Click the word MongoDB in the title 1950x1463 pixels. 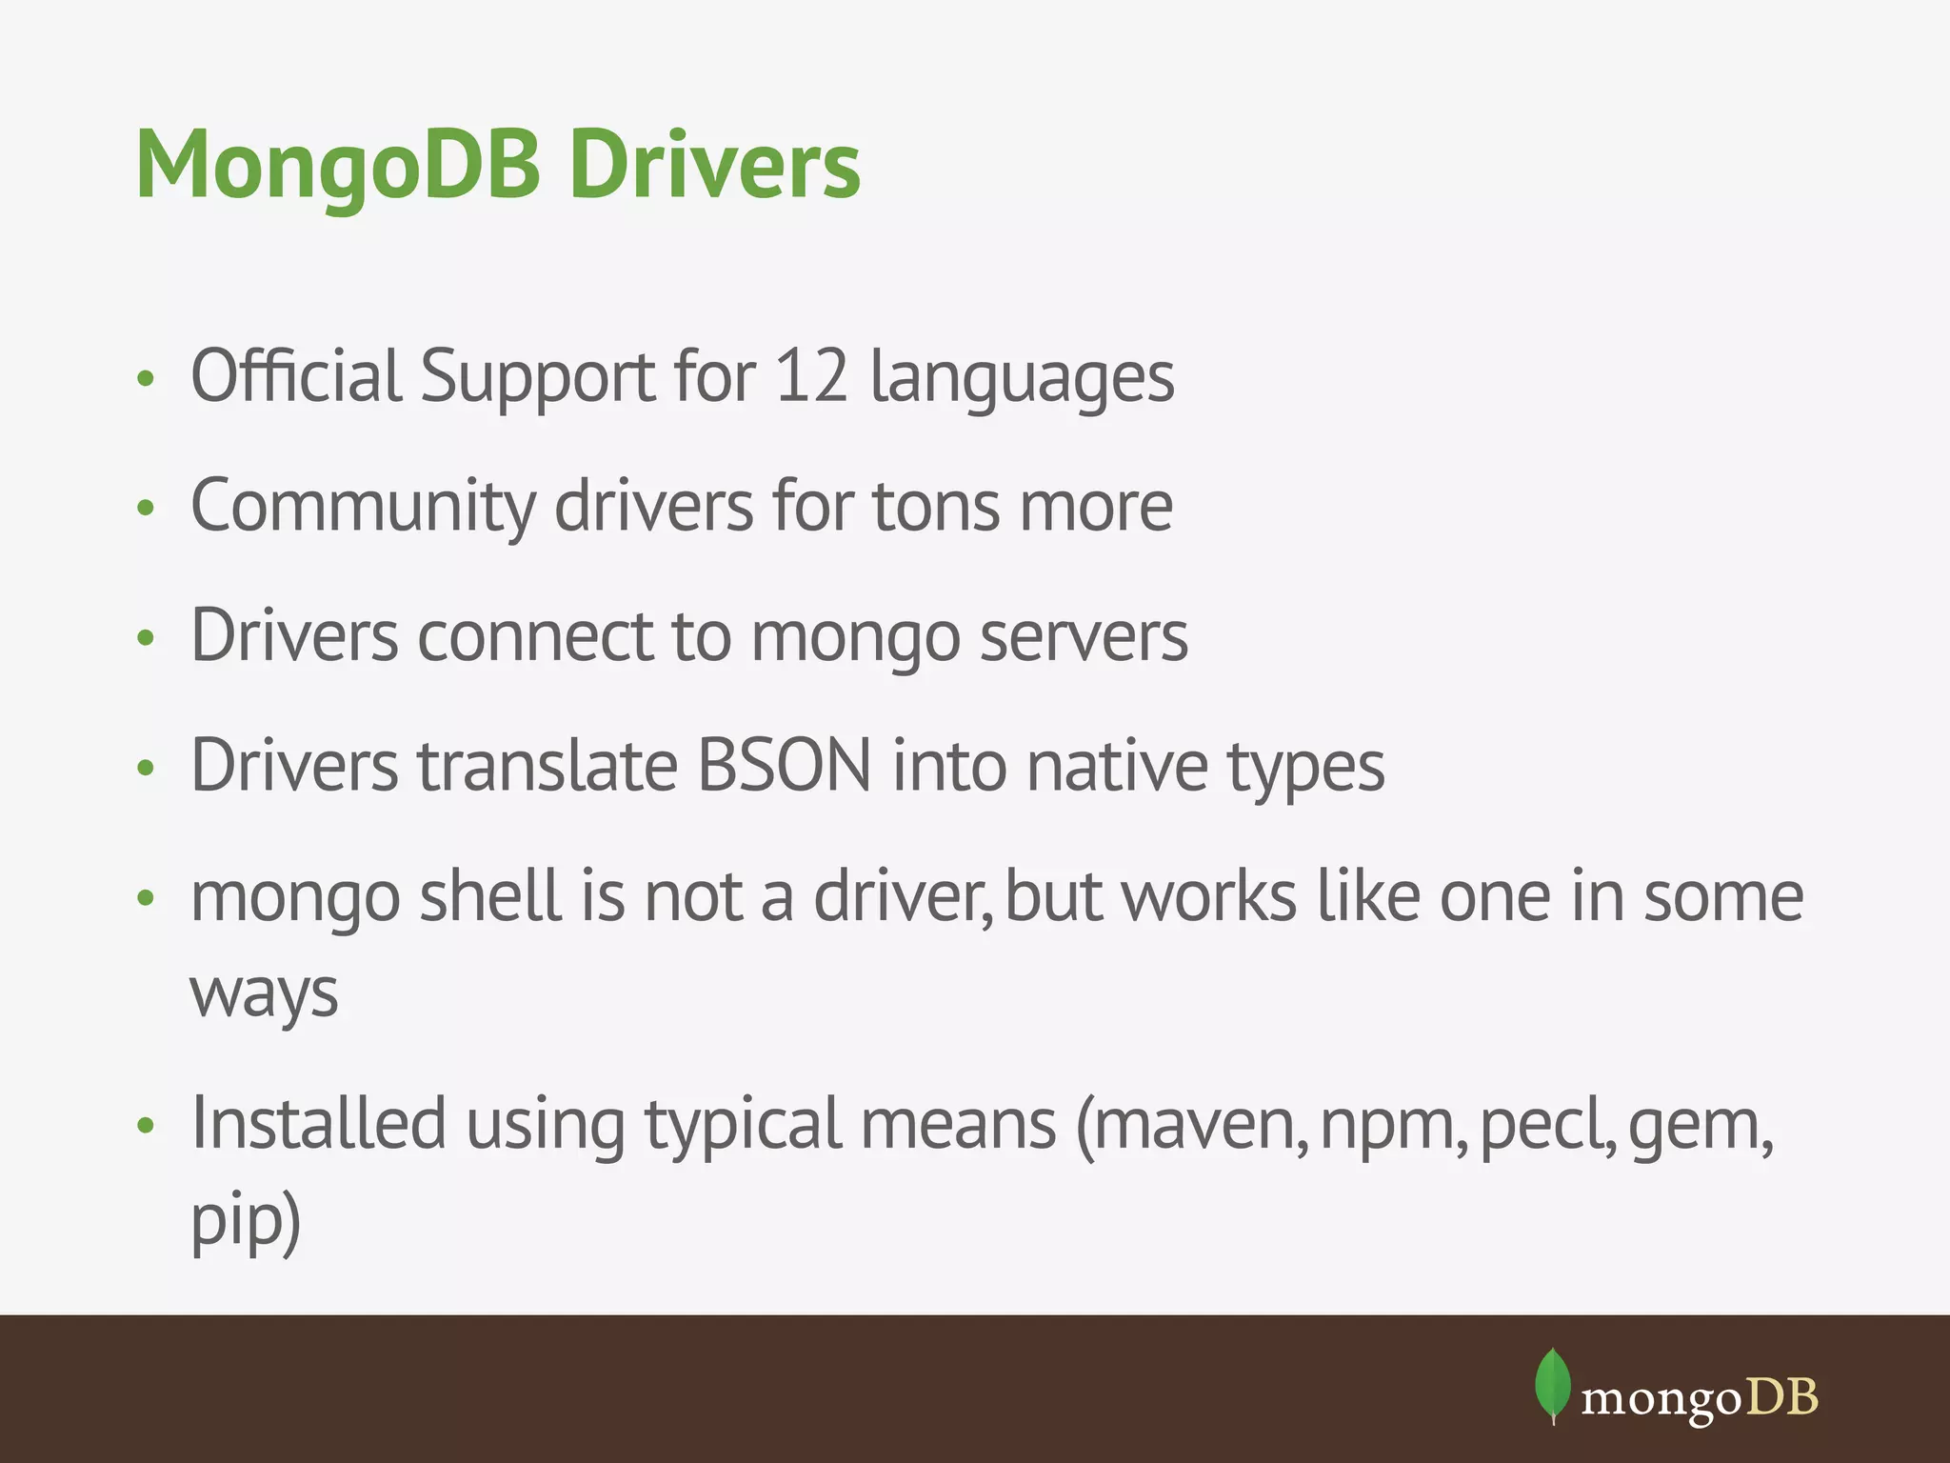(x=338, y=166)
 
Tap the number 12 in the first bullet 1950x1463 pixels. (x=810, y=376)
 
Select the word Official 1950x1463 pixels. (x=296, y=376)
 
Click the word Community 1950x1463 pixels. (x=363, y=508)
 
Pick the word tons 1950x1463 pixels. (x=936, y=508)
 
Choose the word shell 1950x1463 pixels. (x=490, y=897)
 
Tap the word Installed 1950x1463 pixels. (x=318, y=1124)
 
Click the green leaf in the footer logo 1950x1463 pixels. (x=1552, y=1385)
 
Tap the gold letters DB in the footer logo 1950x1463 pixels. (x=1782, y=1398)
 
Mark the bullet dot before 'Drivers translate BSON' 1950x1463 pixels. (x=145, y=768)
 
